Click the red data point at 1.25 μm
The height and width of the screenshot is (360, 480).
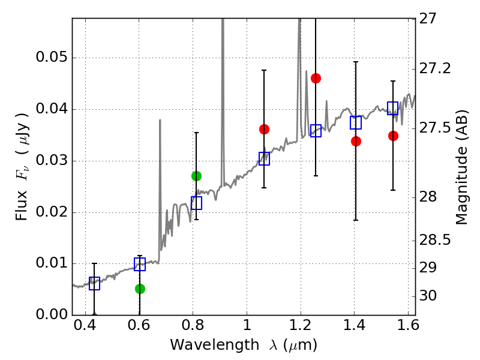(x=316, y=79)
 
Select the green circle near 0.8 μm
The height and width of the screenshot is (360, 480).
(x=196, y=176)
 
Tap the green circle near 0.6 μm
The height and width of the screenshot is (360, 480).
(x=140, y=289)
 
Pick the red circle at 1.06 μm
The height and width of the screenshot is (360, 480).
(x=264, y=129)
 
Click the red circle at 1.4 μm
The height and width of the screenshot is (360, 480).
(x=356, y=141)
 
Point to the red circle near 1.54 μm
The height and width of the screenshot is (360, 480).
(x=393, y=136)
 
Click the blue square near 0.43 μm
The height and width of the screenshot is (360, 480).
(x=94, y=283)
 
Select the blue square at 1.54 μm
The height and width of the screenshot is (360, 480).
(x=392, y=108)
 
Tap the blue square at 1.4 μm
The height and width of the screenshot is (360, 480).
(x=356, y=122)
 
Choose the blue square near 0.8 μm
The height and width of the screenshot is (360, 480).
(x=196, y=203)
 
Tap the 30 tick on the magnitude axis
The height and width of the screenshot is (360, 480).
(x=428, y=296)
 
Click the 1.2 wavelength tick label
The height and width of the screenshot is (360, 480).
(x=301, y=325)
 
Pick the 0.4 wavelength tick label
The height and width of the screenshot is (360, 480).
(x=85, y=325)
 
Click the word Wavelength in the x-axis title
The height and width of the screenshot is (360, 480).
(x=215, y=345)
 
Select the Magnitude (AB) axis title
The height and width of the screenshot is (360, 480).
(x=462, y=167)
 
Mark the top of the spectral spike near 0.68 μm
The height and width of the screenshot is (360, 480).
(x=160, y=120)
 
